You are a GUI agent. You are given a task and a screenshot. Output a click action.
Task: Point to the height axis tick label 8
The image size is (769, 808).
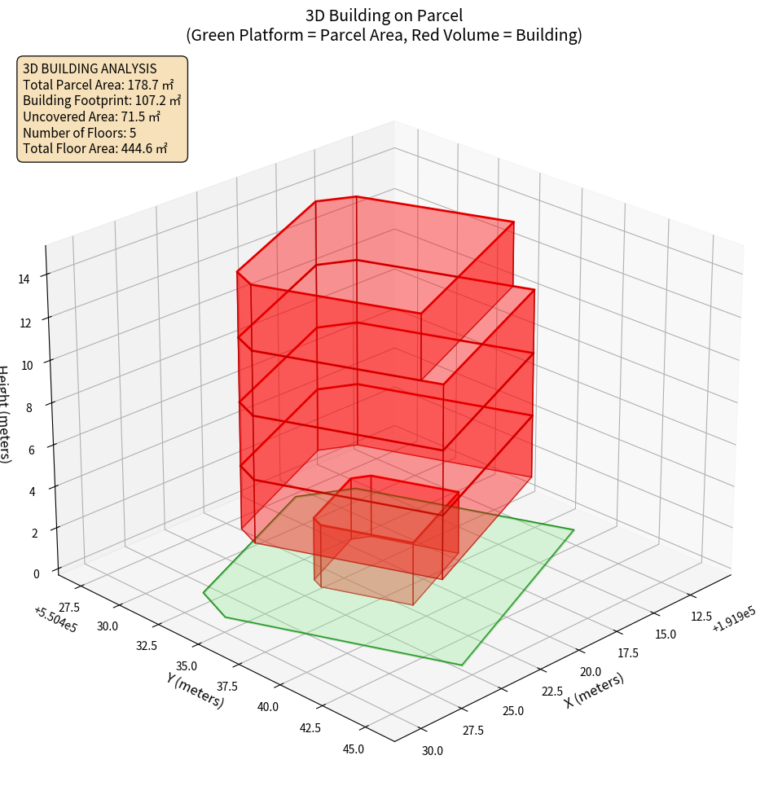tap(29, 407)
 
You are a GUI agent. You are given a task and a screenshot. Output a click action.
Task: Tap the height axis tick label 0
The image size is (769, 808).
tap(37, 573)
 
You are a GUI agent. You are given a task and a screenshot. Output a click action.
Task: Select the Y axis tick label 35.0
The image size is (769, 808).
tap(187, 666)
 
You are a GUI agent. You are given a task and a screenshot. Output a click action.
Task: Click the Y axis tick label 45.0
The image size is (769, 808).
tap(353, 749)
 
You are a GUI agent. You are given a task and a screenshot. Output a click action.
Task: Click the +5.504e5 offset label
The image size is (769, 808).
tap(55, 620)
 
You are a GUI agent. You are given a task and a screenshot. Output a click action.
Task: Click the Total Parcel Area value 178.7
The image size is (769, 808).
tap(144, 84)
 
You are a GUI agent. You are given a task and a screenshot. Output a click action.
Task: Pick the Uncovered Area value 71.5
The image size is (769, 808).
tap(130, 116)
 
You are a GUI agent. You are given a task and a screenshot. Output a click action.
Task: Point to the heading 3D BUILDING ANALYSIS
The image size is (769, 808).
tap(90, 68)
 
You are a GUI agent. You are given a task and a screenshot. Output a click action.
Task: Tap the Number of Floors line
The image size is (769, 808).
tap(79, 133)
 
